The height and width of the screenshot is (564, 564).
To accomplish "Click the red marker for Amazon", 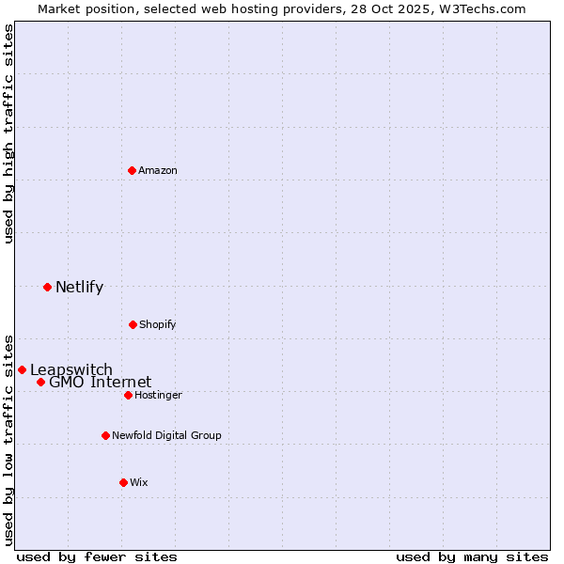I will pyautogui.click(x=132, y=170).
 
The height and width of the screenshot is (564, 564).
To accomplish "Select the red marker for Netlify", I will pyautogui.click(x=47, y=287).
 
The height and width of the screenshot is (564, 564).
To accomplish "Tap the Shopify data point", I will pyautogui.click(x=133, y=324).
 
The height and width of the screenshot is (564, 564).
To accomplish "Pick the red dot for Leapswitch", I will pyautogui.click(x=22, y=369).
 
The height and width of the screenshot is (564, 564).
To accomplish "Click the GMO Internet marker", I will pyautogui.click(x=40, y=382).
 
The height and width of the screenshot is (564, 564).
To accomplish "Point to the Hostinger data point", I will pyautogui.click(x=128, y=395).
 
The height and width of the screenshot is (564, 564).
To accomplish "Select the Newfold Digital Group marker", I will pyautogui.click(x=105, y=435).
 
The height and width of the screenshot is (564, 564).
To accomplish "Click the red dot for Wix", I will pyautogui.click(x=123, y=482).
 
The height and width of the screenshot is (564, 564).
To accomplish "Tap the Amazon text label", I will pyautogui.click(x=158, y=170).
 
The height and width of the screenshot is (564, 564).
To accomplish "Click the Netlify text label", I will pyautogui.click(x=79, y=287).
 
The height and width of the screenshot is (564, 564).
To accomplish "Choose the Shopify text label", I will pyautogui.click(x=158, y=324).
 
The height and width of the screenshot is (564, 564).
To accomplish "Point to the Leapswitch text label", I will pyautogui.click(x=71, y=369).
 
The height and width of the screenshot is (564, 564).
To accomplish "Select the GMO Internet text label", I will pyautogui.click(x=100, y=382).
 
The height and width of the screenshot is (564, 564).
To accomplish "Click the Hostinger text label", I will pyautogui.click(x=158, y=395).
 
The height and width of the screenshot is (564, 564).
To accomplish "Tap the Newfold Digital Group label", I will pyautogui.click(x=166, y=435).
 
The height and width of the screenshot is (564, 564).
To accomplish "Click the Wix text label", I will pyautogui.click(x=139, y=482).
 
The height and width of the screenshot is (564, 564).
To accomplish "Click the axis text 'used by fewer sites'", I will pyautogui.click(x=97, y=556).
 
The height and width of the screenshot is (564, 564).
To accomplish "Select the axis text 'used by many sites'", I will pyautogui.click(x=472, y=556).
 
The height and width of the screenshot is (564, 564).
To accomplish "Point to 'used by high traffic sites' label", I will pyautogui.click(x=8, y=133).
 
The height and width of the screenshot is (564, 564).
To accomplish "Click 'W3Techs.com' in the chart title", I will pyautogui.click(x=478, y=8).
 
